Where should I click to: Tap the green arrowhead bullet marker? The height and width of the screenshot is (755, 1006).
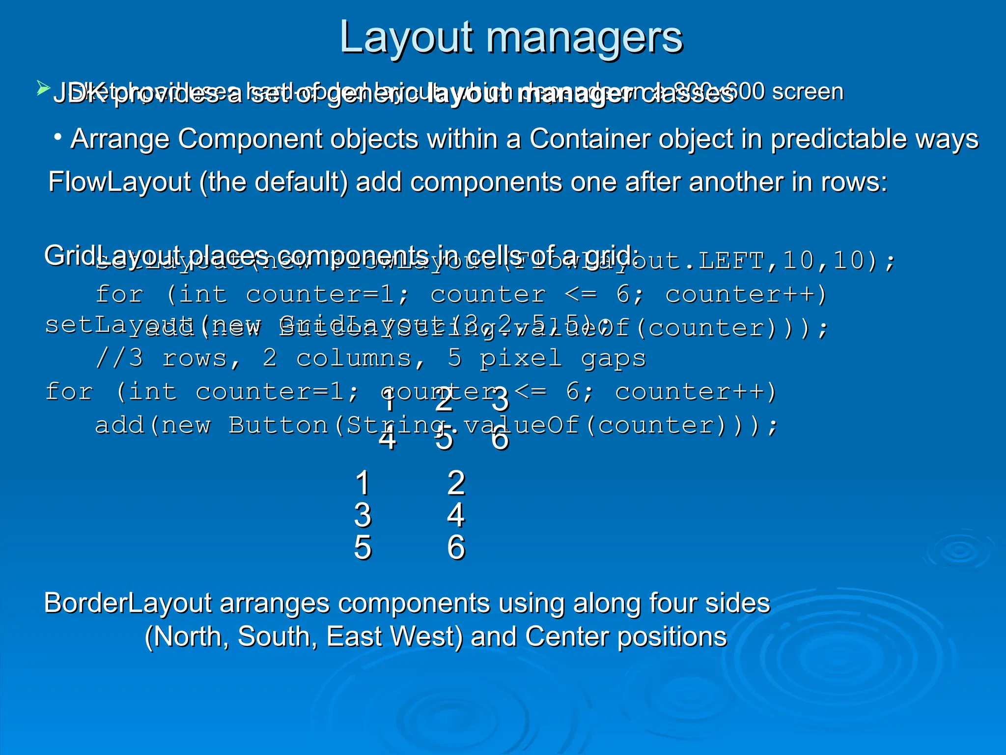click(43, 89)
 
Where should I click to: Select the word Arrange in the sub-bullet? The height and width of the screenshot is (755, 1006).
click(120, 139)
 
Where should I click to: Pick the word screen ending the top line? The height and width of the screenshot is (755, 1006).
click(808, 92)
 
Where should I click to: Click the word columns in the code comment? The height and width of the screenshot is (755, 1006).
click(354, 358)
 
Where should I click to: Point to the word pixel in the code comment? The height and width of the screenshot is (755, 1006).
click(521, 358)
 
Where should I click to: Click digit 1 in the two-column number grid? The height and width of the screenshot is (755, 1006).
click(363, 483)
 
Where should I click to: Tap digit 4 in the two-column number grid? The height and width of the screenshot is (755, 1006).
click(456, 515)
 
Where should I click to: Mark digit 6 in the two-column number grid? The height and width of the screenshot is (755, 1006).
click(456, 548)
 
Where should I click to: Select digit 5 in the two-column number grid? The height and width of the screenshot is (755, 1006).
click(363, 548)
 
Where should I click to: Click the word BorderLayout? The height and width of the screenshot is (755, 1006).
click(128, 603)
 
